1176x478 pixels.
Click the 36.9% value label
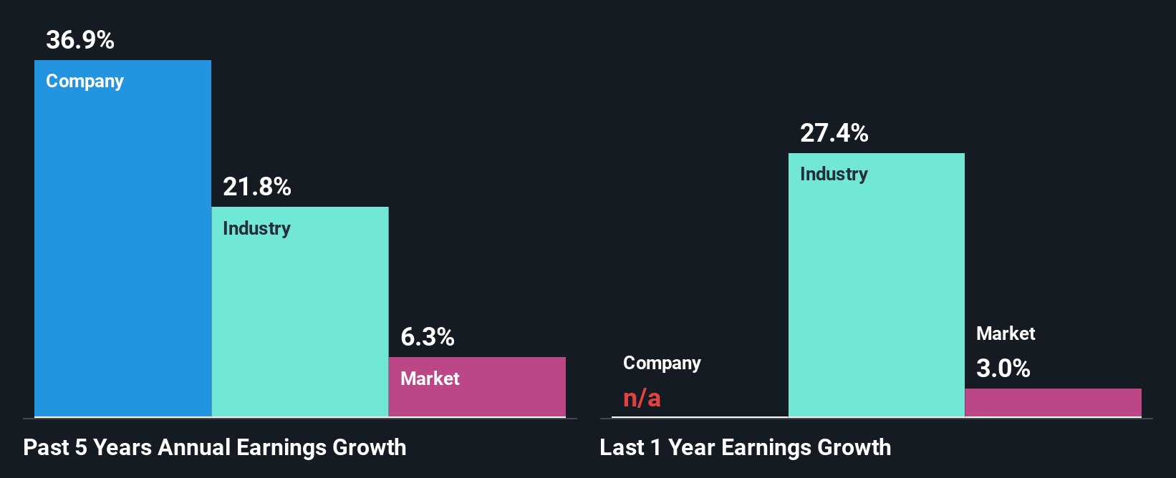80,40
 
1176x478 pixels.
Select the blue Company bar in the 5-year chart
122,250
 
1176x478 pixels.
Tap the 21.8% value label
256,187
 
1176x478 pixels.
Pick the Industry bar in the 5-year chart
300,322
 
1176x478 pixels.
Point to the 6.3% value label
427,337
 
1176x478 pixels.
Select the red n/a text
642,398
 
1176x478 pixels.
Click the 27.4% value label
834,133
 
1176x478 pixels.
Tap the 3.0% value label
1003,369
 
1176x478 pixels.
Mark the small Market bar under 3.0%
1053,403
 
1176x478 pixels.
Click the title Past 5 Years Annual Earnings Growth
215,448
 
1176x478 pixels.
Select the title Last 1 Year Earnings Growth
745,448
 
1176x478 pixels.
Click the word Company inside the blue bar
85,82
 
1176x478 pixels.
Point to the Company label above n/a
662,364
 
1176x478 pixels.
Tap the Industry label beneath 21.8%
256,229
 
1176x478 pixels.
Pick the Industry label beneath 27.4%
834,175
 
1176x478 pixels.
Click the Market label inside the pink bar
430,379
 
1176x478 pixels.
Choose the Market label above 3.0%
1006,333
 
